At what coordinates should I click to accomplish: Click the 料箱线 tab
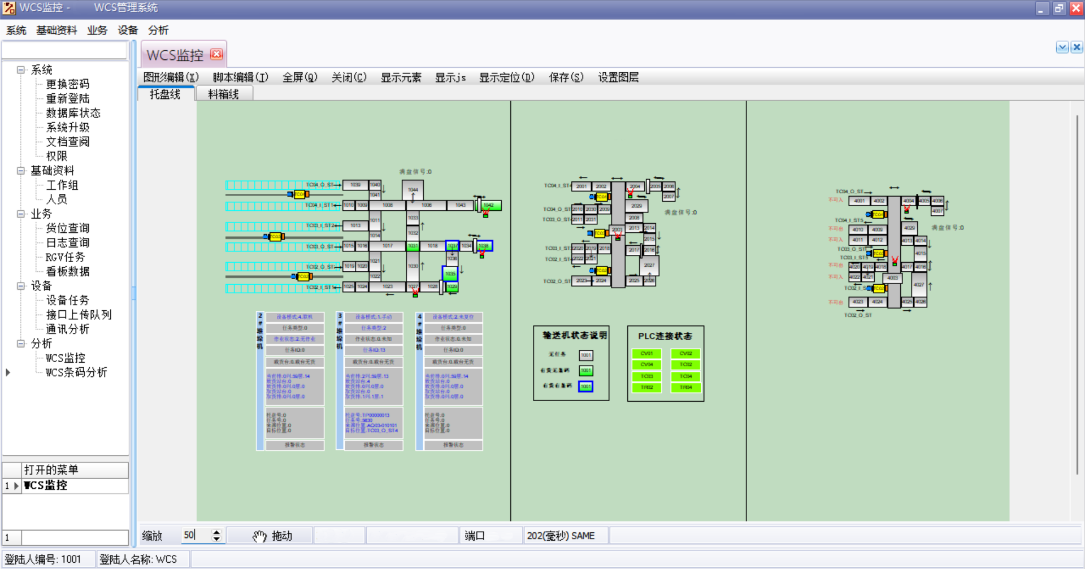point(224,94)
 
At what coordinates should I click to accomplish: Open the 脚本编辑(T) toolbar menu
point(240,77)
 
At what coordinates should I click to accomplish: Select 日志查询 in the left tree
point(68,243)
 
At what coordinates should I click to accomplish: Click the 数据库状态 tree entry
point(73,113)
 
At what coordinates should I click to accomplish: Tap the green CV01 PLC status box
point(646,354)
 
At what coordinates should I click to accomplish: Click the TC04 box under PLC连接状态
point(685,376)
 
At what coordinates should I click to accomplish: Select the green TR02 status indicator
point(646,388)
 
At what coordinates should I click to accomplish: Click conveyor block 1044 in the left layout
point(413,190)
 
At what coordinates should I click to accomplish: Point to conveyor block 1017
point(387,246)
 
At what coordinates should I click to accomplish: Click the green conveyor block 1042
point(490,206)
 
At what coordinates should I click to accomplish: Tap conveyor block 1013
point(355,225)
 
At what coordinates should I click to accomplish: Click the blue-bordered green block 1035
point(450,274)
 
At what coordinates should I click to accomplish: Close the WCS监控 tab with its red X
point(216,54)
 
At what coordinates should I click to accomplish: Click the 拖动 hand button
point(274,536)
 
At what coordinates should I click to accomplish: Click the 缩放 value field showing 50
point(196,536)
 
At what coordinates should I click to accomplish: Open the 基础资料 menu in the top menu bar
point(57,31)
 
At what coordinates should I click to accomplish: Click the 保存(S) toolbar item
point(566,77)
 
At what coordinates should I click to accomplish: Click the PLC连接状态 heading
point(665,336)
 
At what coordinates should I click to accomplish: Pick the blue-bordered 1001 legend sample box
point(586,387)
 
